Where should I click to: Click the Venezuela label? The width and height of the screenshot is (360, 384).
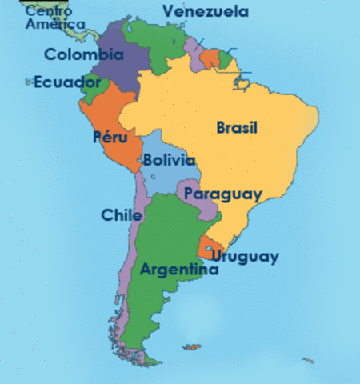(x=205, y=12)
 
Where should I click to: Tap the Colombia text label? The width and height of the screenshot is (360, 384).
(x=84, y=55)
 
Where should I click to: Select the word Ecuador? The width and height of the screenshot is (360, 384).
(x=67, y=82)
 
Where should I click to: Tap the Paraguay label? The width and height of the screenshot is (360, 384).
(x=222, y=194)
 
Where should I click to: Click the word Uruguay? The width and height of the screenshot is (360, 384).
(x=245, y=256)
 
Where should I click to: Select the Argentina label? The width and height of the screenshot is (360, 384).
(x=179, y=270)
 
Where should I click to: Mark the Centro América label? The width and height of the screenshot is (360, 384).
(x=54, y=18)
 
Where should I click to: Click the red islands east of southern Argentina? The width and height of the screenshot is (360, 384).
(x=192, y=347)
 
